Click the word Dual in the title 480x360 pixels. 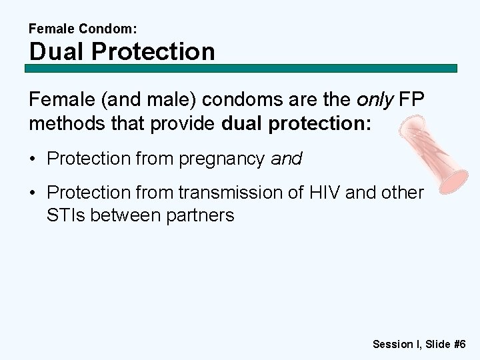(55, 51)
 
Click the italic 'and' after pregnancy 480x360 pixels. (287, 159)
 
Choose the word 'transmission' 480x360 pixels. (235, 193)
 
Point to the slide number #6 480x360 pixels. (459, 344)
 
